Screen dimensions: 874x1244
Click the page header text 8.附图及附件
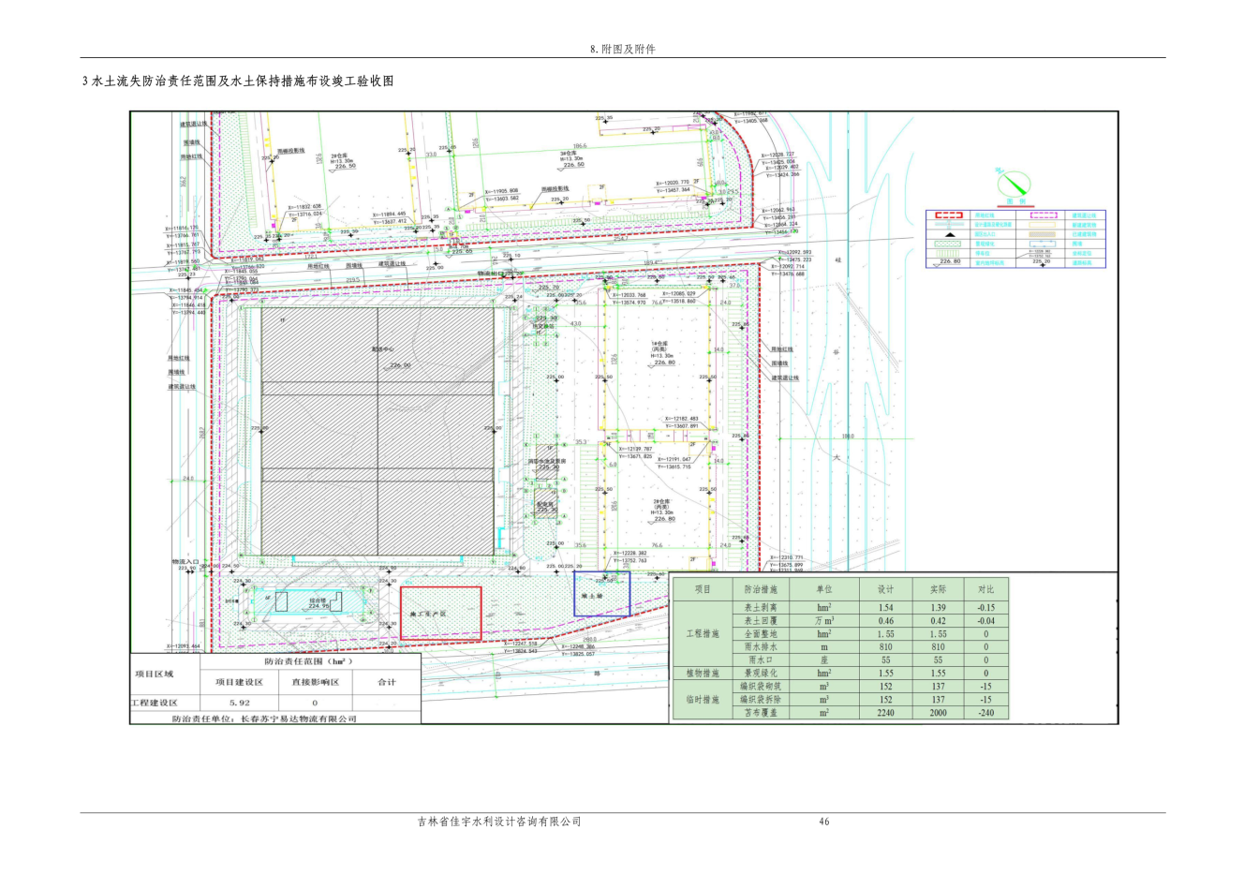click(622, 49)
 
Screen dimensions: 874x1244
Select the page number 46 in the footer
click(824, 822)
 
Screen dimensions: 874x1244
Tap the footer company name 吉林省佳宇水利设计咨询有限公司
click(499, 822)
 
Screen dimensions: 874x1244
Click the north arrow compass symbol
click(1011, 182)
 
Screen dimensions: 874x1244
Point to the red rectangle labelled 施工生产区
click(440, 614)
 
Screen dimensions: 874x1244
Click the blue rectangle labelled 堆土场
click(601, 594)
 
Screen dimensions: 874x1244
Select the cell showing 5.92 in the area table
click(240, 703)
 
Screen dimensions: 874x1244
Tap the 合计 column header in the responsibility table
click(386, 682)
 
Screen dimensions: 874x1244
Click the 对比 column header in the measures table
click(985, 589)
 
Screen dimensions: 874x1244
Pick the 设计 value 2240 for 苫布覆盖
click(885, 713)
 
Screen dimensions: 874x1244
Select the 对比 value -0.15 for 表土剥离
click(985, 607)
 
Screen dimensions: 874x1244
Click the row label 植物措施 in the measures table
click(703, 673)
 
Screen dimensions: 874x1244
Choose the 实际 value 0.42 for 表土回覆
click(938, 620)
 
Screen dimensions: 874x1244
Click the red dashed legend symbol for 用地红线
click(949, 215)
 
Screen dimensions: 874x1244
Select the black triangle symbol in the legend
click(949, 234)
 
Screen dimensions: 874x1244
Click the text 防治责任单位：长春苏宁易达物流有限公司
click(264, 718)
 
